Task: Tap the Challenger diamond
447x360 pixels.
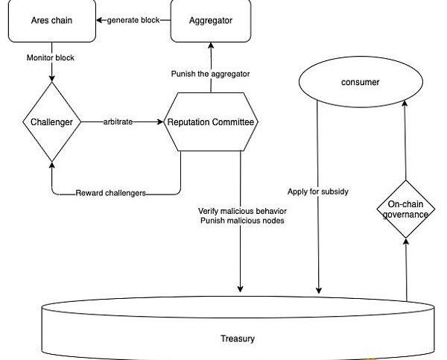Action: click(x=51, y=121)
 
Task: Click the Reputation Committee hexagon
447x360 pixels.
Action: click(x=211, y=121)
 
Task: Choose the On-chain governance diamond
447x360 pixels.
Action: click(x=405, y=209)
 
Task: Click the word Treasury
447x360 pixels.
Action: click(x=238, y=338)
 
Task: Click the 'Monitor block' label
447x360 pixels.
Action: click(x=51, y=57)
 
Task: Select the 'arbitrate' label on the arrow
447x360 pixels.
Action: click(x=118, y=121)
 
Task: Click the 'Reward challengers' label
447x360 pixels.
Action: click(x=110, y=193)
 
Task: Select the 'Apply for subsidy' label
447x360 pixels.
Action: click(x=318, y=192)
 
